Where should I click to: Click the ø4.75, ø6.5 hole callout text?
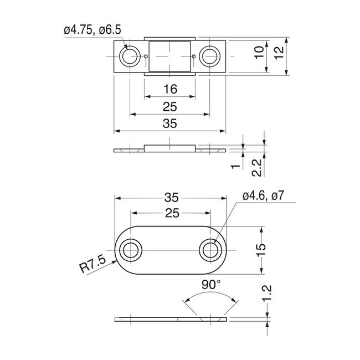click(x=91, y=31)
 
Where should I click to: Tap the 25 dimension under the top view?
click(x=170, y=107)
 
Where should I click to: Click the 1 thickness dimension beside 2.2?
click(x=235, y=166)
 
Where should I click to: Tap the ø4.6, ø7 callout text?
click(x=263, y=195)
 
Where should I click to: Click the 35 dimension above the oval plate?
click(x=170, y=197)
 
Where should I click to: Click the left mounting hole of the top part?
click(x=131, y=56)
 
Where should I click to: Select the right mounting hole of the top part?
click(x=210, y=56)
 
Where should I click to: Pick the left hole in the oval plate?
click(x=131, y=250)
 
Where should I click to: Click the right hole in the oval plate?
click(x=210, y=250)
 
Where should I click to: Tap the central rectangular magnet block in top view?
click(x=170, y=56)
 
